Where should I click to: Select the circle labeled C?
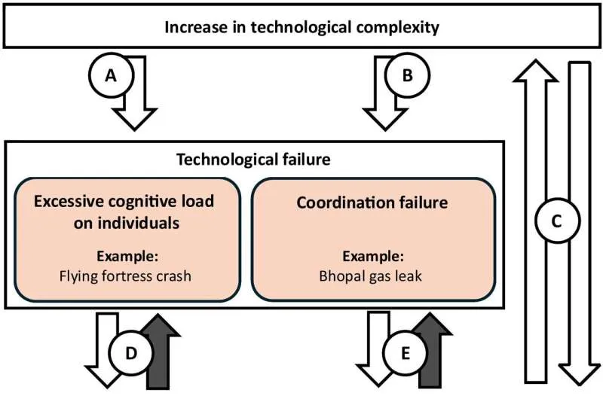click(x=556, y=221)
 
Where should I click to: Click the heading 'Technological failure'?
click(x=253, y=160)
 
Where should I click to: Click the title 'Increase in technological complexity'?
click(x=301, y=29)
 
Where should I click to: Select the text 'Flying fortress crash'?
click(x=125, y=276)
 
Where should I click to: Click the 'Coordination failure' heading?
click(x=373, y=203)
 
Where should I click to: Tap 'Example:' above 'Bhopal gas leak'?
click(x=373, y=256)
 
